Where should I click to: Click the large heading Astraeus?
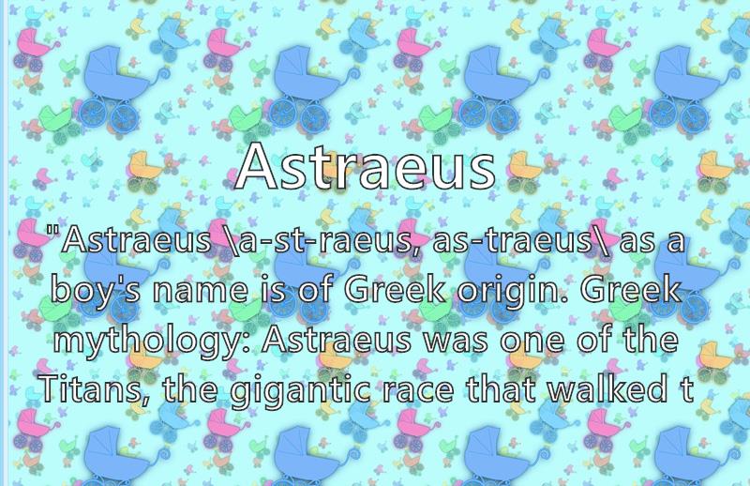366,166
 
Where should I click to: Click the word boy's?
96,291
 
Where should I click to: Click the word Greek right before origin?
395,290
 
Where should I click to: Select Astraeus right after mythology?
336,340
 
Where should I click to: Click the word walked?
607,388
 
